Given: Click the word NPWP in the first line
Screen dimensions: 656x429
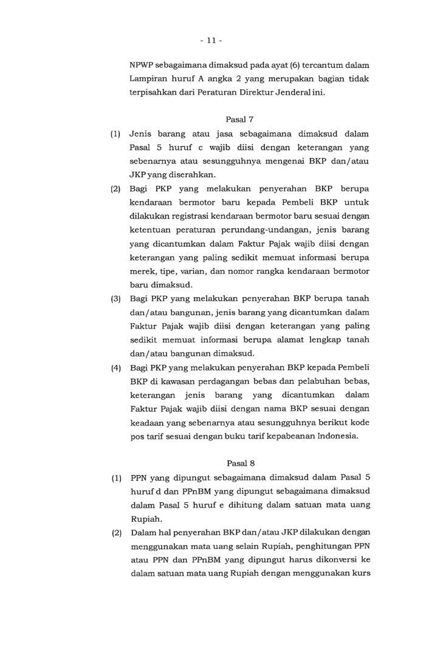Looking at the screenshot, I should [143, 64].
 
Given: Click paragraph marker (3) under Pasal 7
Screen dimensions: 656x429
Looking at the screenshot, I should [115, 299].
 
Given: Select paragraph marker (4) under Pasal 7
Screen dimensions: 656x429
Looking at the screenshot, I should [115, 368].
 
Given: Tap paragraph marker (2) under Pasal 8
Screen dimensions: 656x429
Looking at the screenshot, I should [115, 533].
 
